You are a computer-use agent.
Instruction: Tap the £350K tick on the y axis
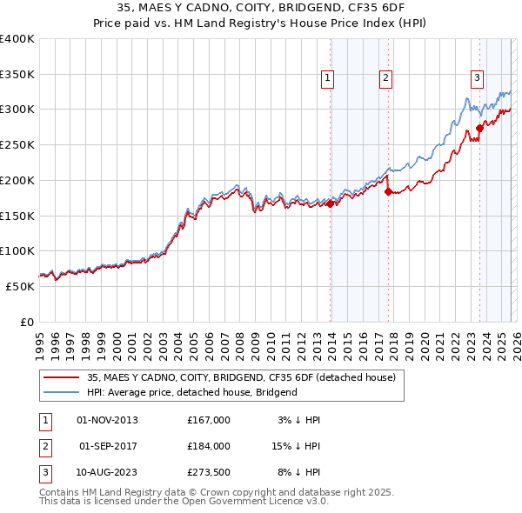pos(17,75)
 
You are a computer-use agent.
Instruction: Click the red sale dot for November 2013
pos(331,203)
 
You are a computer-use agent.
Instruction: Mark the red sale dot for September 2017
pos(389,191)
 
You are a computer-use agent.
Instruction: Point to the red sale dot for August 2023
pos(479,128)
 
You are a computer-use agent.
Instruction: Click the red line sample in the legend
pos(62,377)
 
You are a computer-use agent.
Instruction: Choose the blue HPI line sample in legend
pos(62,392)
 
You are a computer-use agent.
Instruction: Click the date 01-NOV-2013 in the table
pos(108,420)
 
